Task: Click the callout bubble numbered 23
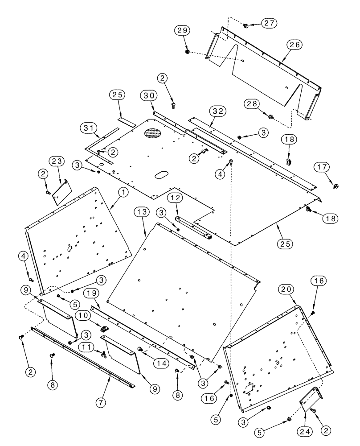point(58,161)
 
